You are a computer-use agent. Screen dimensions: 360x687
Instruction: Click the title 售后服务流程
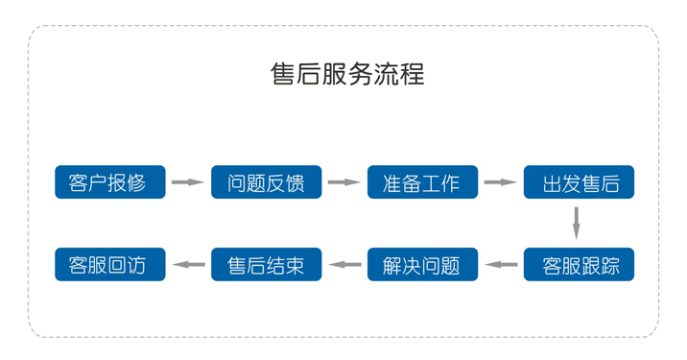coord(347,74)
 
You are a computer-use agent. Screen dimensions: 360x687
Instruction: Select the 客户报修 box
coord(110,182)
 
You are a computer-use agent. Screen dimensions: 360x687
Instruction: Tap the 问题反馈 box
coord(266,182)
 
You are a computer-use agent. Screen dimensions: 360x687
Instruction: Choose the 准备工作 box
coord(422,182)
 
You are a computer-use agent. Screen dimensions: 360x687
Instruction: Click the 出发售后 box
coord(579,182)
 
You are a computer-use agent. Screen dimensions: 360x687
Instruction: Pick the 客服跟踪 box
coord(579,264)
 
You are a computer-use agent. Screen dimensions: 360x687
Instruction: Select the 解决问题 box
coord(422,264)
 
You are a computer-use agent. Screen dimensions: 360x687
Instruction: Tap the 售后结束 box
coord(266,264)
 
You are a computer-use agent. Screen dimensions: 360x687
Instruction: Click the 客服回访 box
coord(110,264)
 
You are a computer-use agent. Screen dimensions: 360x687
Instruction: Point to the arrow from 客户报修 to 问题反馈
coord(188,182)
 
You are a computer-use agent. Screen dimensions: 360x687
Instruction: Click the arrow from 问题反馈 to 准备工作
coord(343,182)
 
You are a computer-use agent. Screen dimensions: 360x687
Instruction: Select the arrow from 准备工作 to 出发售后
coord(500,182)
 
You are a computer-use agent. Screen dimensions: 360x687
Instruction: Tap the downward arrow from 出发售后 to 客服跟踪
coord(577,223)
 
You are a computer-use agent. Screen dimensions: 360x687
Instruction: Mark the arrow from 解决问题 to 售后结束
coord(343,264)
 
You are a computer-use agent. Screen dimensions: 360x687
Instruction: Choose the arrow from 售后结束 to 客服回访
coord(188,264)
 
